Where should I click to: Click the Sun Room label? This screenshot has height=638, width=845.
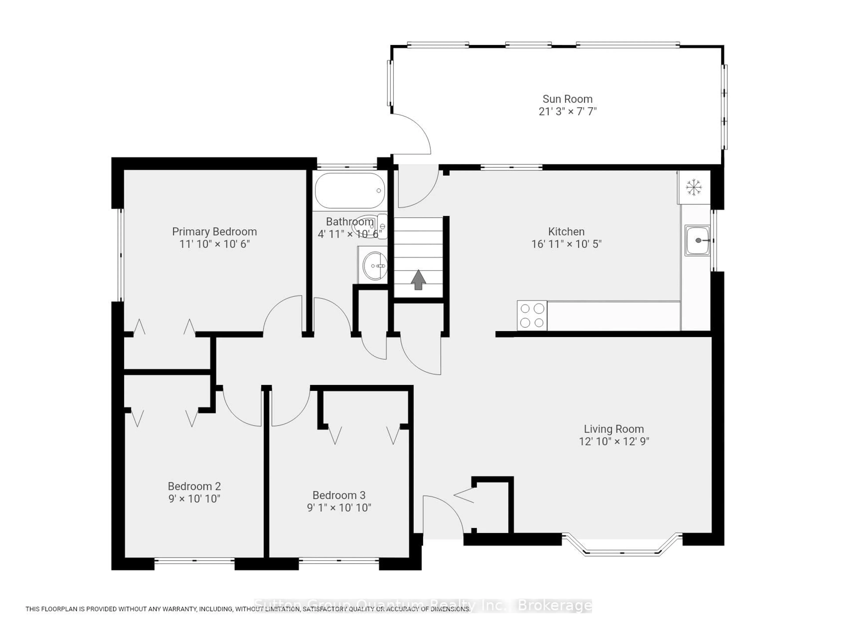click(567, 99)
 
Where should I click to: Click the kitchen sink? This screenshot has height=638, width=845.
click(697, 240)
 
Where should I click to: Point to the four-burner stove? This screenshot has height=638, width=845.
click(532, 315)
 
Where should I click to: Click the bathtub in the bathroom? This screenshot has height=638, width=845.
click(349, 191)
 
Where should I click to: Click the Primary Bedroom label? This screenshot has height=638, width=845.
click(214, 232)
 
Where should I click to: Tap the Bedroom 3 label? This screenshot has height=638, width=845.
click(339, 495)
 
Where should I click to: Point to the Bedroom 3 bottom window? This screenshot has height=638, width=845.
click(339, 561)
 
